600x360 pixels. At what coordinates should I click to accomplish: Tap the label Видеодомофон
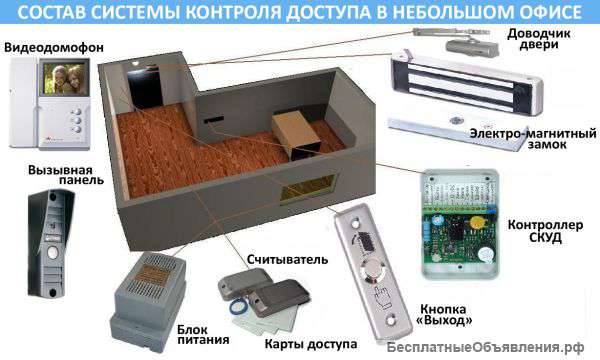[x=46, y=46]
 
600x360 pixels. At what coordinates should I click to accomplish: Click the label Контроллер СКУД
[x=551, y=231]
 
